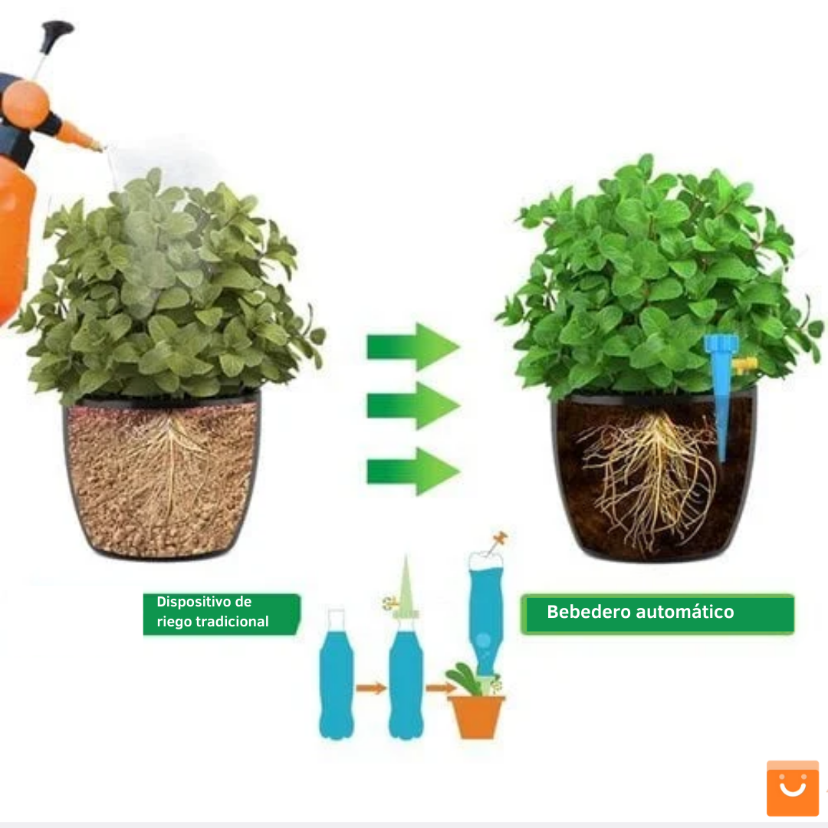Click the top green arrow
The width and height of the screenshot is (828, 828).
413,347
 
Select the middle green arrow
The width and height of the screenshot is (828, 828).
413,406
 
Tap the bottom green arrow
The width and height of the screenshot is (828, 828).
413,471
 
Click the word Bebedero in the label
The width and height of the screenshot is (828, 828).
589,612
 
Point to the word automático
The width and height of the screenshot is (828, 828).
685,612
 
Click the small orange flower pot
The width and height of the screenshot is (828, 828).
476,717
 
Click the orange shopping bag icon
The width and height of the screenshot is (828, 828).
793,788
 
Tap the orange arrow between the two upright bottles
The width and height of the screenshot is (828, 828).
371,688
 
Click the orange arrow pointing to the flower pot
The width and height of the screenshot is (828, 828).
441,688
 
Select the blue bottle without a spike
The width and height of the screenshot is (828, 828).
337,675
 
